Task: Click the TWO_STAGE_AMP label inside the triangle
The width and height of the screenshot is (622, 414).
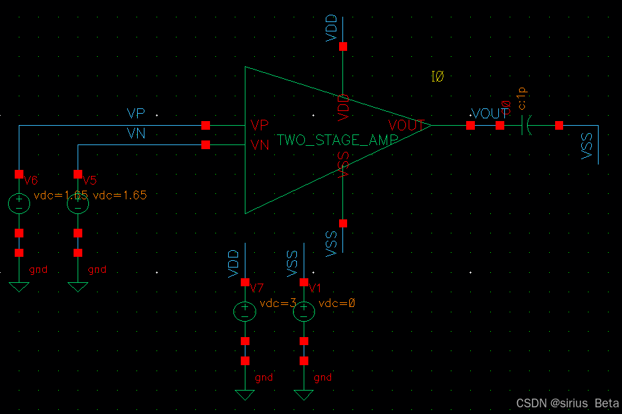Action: pyautogui.click(x=338, y=140)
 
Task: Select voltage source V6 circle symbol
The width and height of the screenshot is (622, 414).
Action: pyautogui.click(x=19, y=203)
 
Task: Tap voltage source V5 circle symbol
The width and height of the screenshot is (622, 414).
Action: pyautogui.click(x=78, y=203)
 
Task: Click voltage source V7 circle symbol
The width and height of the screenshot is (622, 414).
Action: pyautogui.click(x=245, y=311)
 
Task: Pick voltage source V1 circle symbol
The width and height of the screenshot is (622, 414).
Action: pyautogui.click(x=304, y=311)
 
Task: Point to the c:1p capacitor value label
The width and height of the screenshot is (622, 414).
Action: pyautogui.click(x=522, y=98)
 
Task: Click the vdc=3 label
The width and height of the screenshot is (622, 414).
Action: pyautogui.click(x=278, y=303)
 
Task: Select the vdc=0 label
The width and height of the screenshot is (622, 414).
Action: pyautogui.click(x=336, y=303)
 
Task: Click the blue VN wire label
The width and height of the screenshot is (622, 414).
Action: pyautogui.click(x=136, y=134)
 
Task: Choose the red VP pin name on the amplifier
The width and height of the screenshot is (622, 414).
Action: pyautogui.click(x=260, y=125)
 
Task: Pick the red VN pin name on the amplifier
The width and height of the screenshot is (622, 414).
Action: pyautogui.click(x=260, y=144)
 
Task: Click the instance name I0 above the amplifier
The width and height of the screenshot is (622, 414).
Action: pyautogui.click(x=437, y=78)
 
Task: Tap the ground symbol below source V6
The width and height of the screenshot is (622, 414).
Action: pyautogui.click(x=19, y=286)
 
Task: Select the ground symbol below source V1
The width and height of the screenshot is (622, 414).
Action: pyautogui.click(x=304, y=394)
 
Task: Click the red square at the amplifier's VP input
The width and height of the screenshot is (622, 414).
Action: pyautogui.click(x=205, y=125)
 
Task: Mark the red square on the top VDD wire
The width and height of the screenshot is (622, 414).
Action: pyautogui.click(x=343, y=47)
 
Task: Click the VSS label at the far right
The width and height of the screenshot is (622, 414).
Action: pyautogui.click(x=587, y=146)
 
